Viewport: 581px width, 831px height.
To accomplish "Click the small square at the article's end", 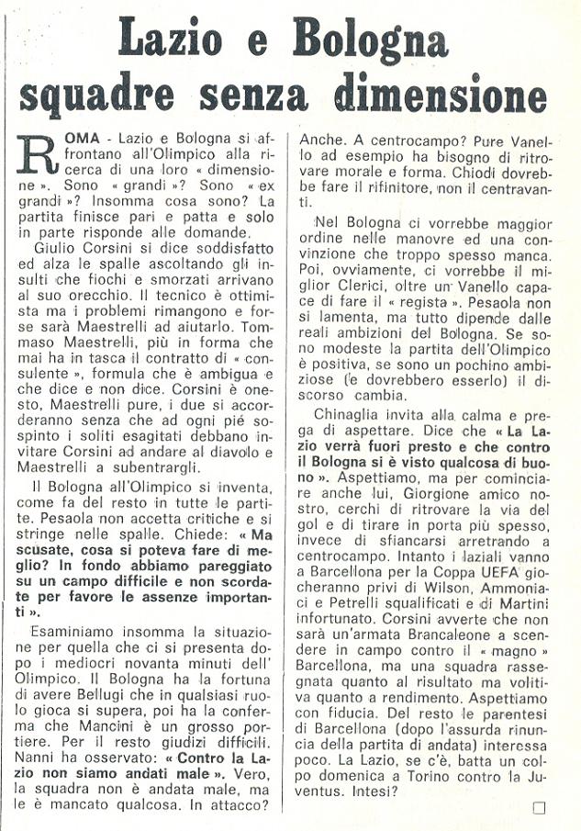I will (x=539, y=807).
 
